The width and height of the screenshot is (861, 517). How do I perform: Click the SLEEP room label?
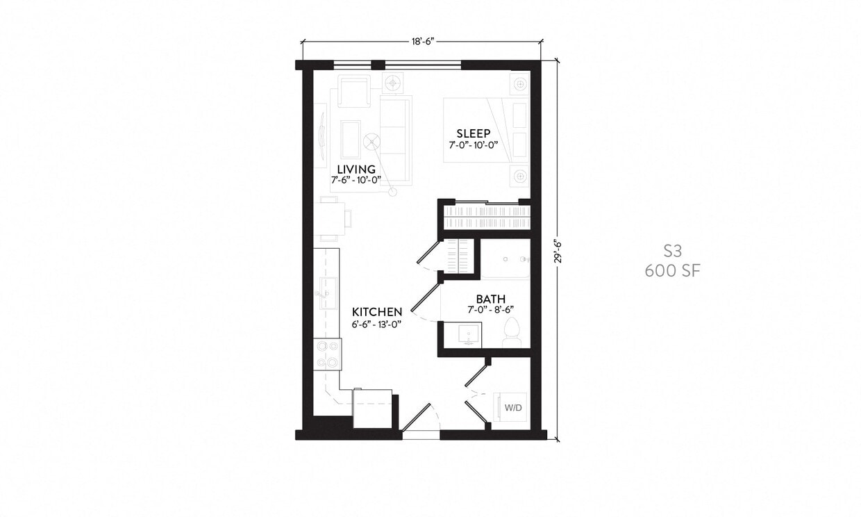pyautogui.click(x=473, y=133)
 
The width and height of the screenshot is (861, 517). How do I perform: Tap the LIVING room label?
pyautogui.click(x=356, y=170)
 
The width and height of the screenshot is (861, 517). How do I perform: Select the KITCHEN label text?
pyautogui.click(x=377, y=312)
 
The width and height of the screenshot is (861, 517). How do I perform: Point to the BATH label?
pyautogui.click(x=491, y=299)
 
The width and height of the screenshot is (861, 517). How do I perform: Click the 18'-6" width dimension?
pyautogui.click(x=422, y=42)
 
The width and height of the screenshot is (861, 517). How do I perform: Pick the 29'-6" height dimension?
pyautogui.click(x=556, y=251)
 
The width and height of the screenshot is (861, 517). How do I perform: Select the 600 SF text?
pyautogui.click(x=672, y=271)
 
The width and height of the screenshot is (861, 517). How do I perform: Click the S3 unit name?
pyautogui.click(x=672, y=252)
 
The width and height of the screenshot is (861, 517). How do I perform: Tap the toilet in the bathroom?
pyautogui.click(x=512, y=332)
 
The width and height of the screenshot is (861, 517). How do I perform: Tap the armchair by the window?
pyautogui.click(x=353, y=92)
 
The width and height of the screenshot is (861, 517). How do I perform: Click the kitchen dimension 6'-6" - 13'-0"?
pyautogui.click(x=377, y=324)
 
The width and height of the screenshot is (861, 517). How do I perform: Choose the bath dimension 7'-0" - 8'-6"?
pyautogui.click(x=491, y=310)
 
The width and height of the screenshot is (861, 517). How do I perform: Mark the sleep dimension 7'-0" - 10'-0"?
pyautogui.click(x=473, y=145)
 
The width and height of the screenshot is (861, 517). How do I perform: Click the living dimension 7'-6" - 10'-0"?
pyautogui.click(x=356, y=181)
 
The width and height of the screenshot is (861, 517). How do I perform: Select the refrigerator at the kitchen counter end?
pyautogui.click(x=372, y=409)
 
